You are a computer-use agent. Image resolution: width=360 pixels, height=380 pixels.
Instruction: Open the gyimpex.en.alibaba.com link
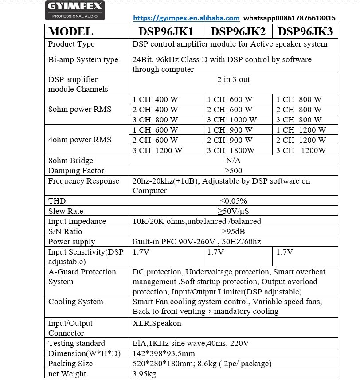coord(186,18)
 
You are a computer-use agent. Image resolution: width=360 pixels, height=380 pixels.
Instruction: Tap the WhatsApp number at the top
coord(290,18)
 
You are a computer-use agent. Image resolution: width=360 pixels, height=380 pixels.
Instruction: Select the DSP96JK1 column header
coord(166,32)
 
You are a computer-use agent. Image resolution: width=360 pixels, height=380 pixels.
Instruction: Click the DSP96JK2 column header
coord(238,32)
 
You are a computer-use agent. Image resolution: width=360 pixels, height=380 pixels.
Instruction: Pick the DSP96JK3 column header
coord(305,32)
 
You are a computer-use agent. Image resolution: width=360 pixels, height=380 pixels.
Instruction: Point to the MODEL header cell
coord(70,32)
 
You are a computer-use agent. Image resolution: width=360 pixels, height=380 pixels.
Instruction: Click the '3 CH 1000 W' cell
coord(232,120)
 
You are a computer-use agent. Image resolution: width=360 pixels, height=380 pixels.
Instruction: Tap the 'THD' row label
coord(57,201)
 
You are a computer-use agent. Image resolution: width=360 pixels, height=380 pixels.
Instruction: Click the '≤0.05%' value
coord(233,201)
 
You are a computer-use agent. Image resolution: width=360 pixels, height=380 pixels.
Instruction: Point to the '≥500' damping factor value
coord(233,171)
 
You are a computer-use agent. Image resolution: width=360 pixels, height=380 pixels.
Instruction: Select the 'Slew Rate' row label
coord(66,212)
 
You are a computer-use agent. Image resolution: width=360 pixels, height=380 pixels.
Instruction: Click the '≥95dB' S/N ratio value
coord(233,231)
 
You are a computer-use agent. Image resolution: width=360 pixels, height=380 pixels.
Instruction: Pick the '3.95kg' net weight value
coord(144,374)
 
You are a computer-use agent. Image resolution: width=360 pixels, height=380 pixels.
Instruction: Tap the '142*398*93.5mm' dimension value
coord(164,353)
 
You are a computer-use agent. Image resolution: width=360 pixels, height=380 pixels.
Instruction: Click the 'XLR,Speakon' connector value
coord(157,323)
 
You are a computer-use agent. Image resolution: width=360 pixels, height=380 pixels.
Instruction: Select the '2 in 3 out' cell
coord(233,80)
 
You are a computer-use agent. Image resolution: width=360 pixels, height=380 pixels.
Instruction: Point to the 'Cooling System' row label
coord(75,302)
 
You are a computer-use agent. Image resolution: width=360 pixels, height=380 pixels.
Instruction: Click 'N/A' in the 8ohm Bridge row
coord(233,161)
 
